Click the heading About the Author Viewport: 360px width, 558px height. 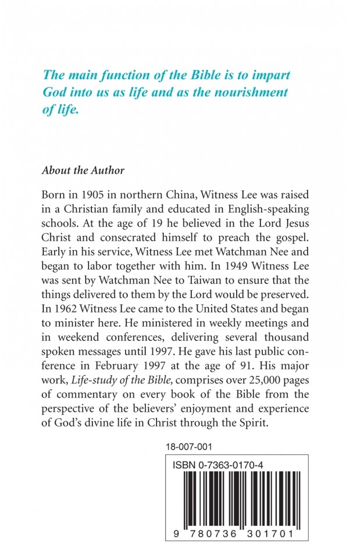pyautogui.click(x=83, y=171)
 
